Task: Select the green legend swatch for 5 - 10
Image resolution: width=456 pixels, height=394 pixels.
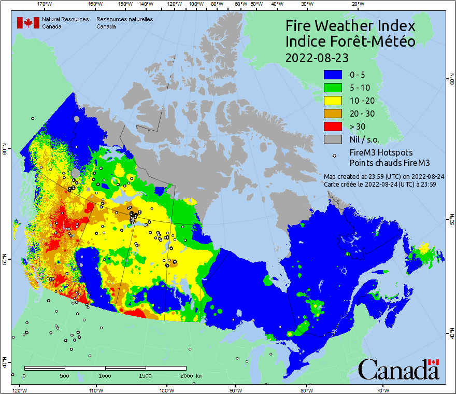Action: tap(333, 88)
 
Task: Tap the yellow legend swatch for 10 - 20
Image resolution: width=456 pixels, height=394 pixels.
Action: tap(333, 101)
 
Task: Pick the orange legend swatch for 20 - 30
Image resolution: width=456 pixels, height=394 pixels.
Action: tap(333, 114)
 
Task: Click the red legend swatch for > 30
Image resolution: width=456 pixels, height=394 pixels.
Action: tap(333, 126)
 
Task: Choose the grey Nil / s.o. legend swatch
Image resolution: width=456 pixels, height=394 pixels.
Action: tap(333, 139)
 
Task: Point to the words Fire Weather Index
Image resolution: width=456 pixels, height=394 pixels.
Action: tap(350, 26)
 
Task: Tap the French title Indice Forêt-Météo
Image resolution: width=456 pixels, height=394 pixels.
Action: tap(350, 41)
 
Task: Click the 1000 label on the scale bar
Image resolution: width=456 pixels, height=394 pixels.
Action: tap(105, 375)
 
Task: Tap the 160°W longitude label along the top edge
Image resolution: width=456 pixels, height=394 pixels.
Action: tap(95, 4)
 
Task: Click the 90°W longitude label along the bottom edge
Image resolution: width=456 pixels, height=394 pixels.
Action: tap(236, 389)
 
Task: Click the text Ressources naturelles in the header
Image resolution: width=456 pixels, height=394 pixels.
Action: tap(124, 19)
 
